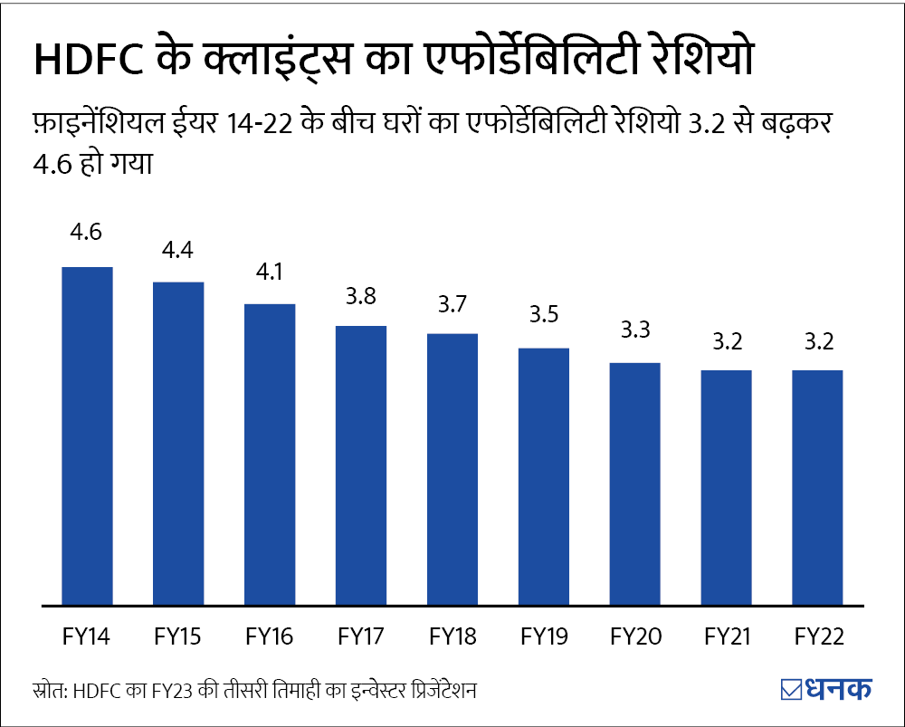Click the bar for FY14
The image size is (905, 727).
tap(87, 435)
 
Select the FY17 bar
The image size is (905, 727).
tap(361, 464)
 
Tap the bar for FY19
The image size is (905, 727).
tap(544, 475)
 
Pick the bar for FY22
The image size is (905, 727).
tap(817, 486)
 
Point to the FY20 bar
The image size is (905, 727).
tap(634, 483)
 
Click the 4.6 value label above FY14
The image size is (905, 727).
tap(87, 232)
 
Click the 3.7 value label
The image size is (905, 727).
tap(452, 305)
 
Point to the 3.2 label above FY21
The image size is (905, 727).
tap(726, 341)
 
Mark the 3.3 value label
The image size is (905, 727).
tap(634, 330)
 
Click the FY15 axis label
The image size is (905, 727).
tap(178, 637)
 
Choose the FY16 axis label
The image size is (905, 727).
tap(270, 637)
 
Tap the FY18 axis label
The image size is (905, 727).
tap(452, 637)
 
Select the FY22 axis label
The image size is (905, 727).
tap(817, 637)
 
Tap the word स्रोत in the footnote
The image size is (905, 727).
tap(47, 690)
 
